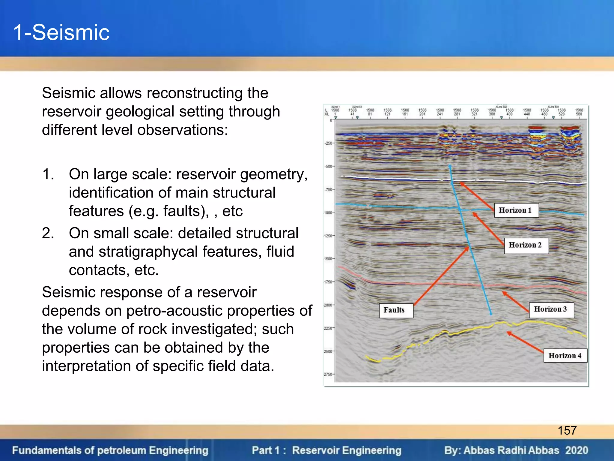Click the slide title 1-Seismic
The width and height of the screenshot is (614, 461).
click(61, 32)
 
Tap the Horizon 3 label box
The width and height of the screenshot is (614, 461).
click(551, 309)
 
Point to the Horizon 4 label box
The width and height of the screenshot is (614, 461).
click(565, 356)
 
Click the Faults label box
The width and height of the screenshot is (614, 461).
click(394, 310)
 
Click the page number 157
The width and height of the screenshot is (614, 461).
click(567, 430)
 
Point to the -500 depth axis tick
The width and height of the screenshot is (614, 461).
click(329, 166)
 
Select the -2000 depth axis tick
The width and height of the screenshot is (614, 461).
click(328, 305)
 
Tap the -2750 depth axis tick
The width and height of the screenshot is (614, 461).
click(328, 374)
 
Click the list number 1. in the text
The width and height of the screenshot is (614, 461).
click(48, 174)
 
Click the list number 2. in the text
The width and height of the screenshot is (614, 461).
click(48, 233)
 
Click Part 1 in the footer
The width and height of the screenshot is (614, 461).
click(266, 450)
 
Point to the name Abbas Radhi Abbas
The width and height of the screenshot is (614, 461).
click(511, 450)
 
